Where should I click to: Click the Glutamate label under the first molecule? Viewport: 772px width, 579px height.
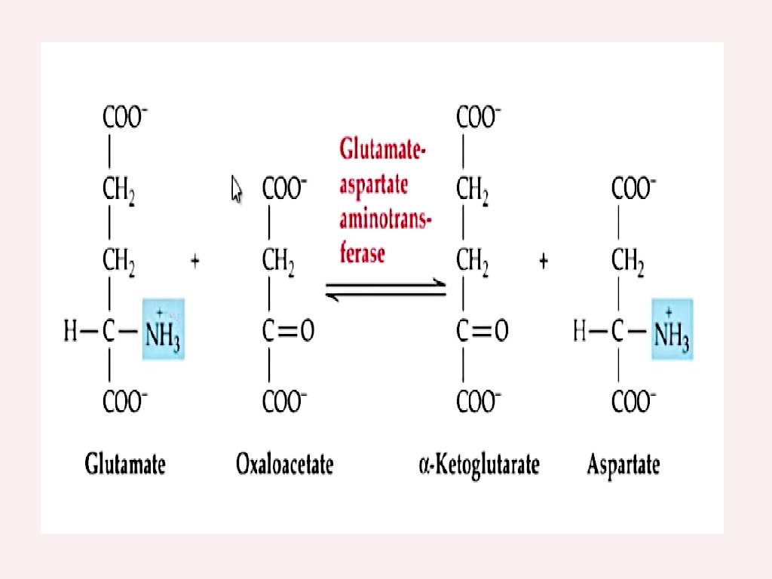pos(125,464)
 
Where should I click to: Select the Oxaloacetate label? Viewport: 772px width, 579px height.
pos(285,464)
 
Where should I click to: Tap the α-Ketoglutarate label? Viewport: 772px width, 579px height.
pos(479,464)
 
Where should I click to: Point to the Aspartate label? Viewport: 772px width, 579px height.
pos(623,464)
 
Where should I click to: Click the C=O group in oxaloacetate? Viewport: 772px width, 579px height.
pos(288,330)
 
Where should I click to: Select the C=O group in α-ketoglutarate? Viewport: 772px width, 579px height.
pos(482,330)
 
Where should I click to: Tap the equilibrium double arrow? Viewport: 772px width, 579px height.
pos(385,290)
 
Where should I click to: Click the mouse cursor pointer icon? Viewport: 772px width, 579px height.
pos(236,188)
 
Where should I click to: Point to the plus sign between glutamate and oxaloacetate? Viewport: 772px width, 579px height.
pos(195,261)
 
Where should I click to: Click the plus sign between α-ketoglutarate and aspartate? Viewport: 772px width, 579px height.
pos(544,261)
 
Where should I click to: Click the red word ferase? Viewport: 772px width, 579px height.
pos(362,253)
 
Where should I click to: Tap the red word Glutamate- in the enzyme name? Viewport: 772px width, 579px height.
pos(382,149)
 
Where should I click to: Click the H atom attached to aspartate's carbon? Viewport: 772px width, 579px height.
pos(580,330)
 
